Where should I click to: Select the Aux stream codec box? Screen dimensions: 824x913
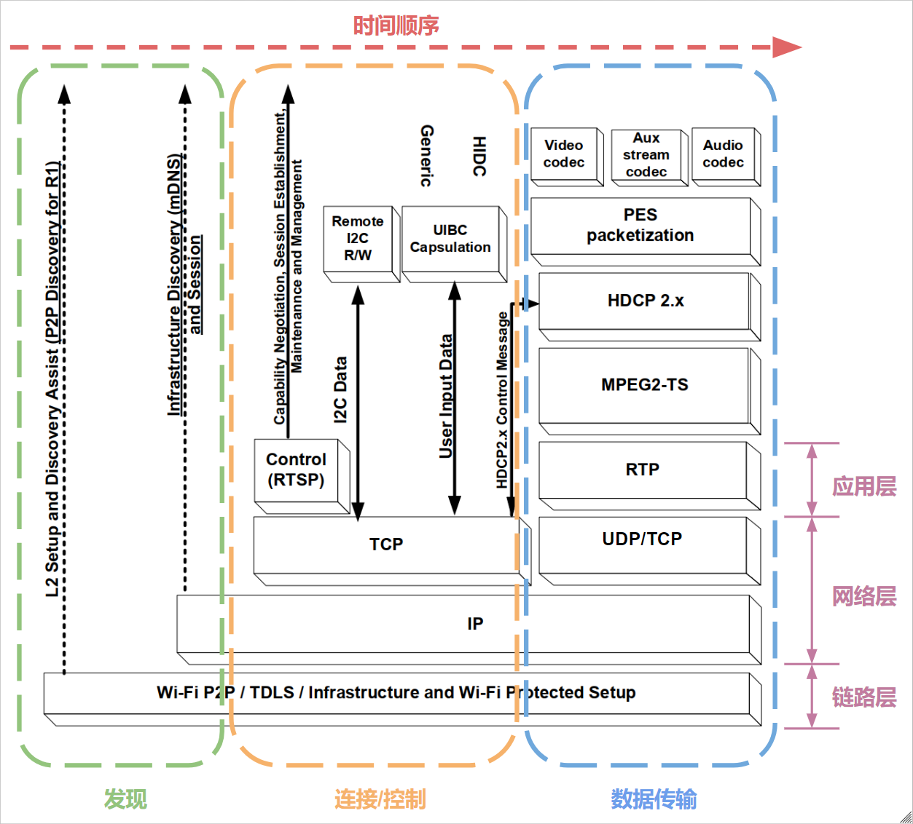[x=646, y=155]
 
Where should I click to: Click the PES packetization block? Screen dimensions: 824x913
[x=640, y=226]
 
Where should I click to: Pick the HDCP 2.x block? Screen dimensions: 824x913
[x=645, y=301]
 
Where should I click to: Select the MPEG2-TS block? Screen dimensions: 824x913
[x=644, y=385]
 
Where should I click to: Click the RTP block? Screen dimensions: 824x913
[x=642, y=470]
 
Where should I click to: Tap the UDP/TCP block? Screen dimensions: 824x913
[x=642, y=539]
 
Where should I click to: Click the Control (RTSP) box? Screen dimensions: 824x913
[x=296, y=470]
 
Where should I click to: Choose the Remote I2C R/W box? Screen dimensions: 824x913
[x=358, y=239]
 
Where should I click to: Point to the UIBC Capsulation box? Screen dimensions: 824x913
[x=450, y=239]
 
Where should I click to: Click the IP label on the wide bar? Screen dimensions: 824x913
[x=475, y=624]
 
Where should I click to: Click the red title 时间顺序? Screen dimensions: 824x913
[x=396, y=25]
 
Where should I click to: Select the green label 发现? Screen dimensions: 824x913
[x=125, y=799]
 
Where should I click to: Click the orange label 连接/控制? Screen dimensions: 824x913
[x=380, y=799]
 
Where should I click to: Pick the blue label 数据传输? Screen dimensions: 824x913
[x=653, y=799]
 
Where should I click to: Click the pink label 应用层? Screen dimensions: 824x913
[x=864, y=486]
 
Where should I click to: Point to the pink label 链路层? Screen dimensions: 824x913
[x=864, y=697]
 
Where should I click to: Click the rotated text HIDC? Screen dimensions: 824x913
[x=479, y=156]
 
